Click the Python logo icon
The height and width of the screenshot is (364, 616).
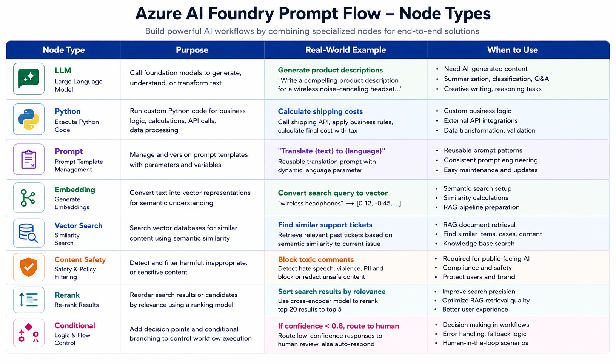click(x=29, y=119)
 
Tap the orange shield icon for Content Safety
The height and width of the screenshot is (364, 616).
click(x=29, y=267)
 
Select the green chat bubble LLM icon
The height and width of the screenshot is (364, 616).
click(x=29, y=79)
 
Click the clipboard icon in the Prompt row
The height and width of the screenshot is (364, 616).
click(x=29, y=159)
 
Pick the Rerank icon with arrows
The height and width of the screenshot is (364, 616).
click(x=28, y=299)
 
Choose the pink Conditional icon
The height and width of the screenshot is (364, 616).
click(x=29, y=333)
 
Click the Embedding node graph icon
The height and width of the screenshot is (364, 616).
click(x=28, y=197)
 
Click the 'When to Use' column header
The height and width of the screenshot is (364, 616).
click(x=512, y=50)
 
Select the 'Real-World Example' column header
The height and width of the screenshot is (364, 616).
click(x=345, y=50)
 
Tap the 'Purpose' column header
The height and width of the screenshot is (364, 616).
click(x=192, y=50)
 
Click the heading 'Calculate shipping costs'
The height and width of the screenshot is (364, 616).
click(x=320, y=111)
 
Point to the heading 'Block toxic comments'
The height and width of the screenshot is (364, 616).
click(x=316, y=259)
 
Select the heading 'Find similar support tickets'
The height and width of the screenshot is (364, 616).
click(x=325, y=225)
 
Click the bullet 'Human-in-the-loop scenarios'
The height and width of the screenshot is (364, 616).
click(x=485, y=343)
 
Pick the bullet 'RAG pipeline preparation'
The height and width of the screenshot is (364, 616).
click(x=481, y=207)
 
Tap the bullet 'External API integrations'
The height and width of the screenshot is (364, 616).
click(x=481, y=120)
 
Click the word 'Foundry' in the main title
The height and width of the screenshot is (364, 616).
click(x=241, y=14)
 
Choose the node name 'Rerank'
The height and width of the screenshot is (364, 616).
click(x=67, y=295)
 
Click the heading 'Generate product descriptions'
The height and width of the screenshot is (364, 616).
click(x=330, y=70)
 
